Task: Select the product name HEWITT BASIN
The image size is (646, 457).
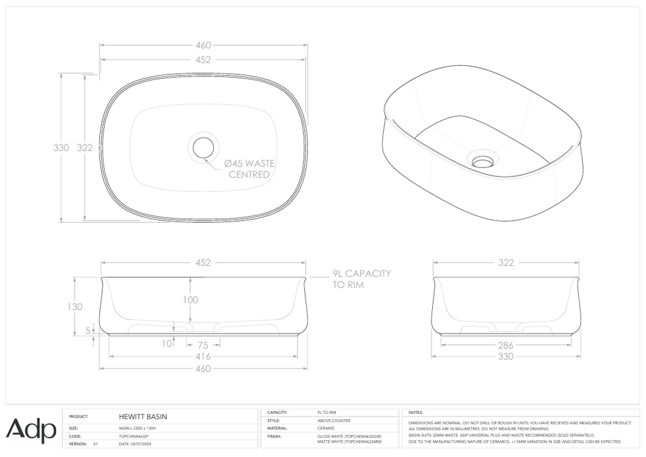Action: [x=143, y=416]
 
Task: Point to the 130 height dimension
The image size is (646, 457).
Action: [x=75, y=307]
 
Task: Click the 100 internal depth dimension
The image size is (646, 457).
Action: [x=190, y=300]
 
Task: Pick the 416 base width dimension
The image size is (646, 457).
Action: [x=203, y=356]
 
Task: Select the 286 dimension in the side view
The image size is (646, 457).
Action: [x=505, y=345]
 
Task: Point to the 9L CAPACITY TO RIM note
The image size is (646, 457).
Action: [x=361, y=279]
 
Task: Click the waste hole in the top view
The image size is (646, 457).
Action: [x=203, y=147]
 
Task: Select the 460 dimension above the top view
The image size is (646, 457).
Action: [x=203, y=46]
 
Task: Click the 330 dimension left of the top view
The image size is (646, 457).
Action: [x=61, y=148]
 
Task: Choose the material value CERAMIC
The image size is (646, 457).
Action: [x=325, y=428]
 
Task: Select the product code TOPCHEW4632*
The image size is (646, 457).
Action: [x=134, y=435]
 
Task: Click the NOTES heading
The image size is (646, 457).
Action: [x=415, y=413]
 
